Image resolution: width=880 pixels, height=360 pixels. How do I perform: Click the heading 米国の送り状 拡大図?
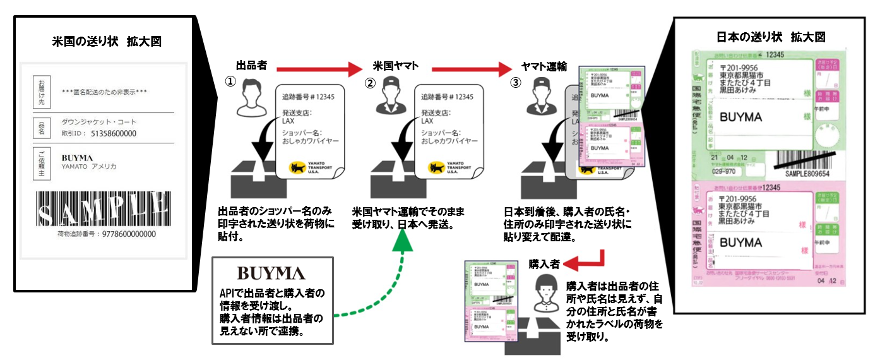[107, 42]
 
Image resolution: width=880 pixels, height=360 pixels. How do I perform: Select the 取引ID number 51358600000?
[114, 133]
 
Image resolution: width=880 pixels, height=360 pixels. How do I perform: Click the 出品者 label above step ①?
[251, 66]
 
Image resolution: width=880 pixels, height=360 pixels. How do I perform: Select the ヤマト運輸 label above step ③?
[544, 66]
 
